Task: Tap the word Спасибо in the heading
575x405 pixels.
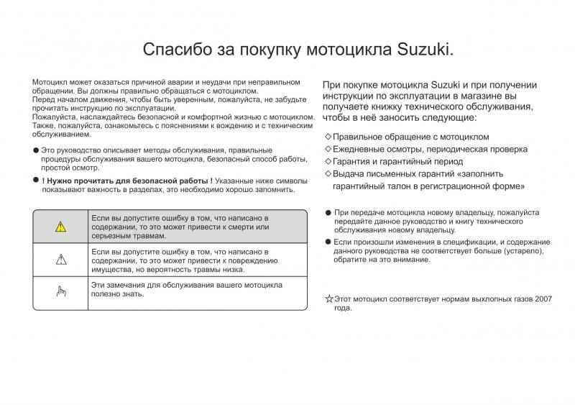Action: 174,50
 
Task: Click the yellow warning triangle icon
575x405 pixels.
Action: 60,227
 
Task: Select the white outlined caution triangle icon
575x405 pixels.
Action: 60,260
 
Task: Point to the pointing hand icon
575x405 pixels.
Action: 60,291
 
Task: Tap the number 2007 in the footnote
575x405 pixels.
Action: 543,298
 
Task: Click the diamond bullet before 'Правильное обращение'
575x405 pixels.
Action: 328,137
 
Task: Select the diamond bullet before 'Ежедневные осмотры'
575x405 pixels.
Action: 328,149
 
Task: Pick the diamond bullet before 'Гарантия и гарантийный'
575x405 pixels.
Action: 328,161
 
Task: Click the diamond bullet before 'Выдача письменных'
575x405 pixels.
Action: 328,173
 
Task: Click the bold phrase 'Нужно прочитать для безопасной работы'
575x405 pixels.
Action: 126,180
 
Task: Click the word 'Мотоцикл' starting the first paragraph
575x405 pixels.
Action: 49,83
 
